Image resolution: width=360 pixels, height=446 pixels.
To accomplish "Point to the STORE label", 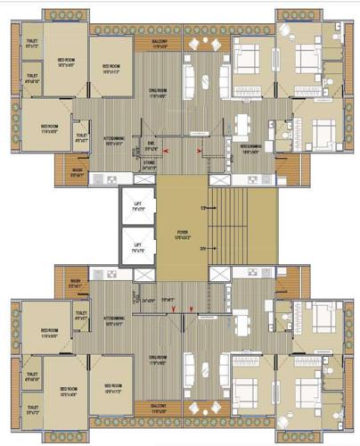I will pos(149,162).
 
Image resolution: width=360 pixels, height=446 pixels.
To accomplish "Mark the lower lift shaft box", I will pos(138,247).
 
